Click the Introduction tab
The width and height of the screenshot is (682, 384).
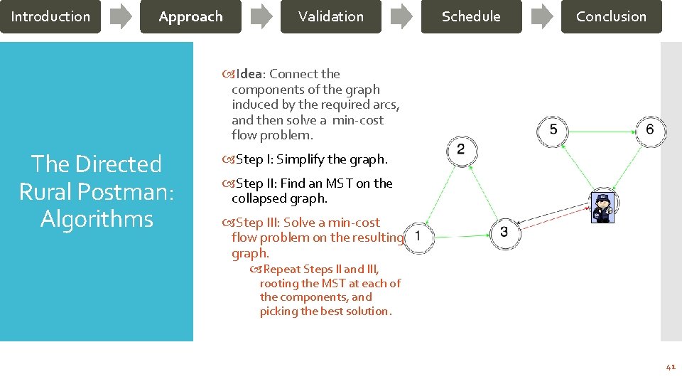[50, 16]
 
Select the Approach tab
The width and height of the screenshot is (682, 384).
[190, 16]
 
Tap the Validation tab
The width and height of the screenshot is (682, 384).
[330, 16]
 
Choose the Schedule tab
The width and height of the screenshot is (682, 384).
[471, 16]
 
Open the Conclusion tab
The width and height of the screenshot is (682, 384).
[611, 16]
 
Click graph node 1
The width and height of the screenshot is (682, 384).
[418, 236]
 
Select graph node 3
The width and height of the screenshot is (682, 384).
[504, 232]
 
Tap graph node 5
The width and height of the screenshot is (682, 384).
[553, 130]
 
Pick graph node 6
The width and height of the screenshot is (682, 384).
[650, 130]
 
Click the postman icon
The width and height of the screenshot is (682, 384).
[602, 208]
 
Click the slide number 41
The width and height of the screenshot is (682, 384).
[670, 367]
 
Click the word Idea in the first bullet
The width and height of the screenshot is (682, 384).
[249, 74]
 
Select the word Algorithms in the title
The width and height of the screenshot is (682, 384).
[97, 219]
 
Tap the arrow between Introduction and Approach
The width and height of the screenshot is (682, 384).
[121, 16]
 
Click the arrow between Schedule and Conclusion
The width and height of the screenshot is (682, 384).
[542, 16]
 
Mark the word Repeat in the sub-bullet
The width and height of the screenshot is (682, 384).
[282, 270]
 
